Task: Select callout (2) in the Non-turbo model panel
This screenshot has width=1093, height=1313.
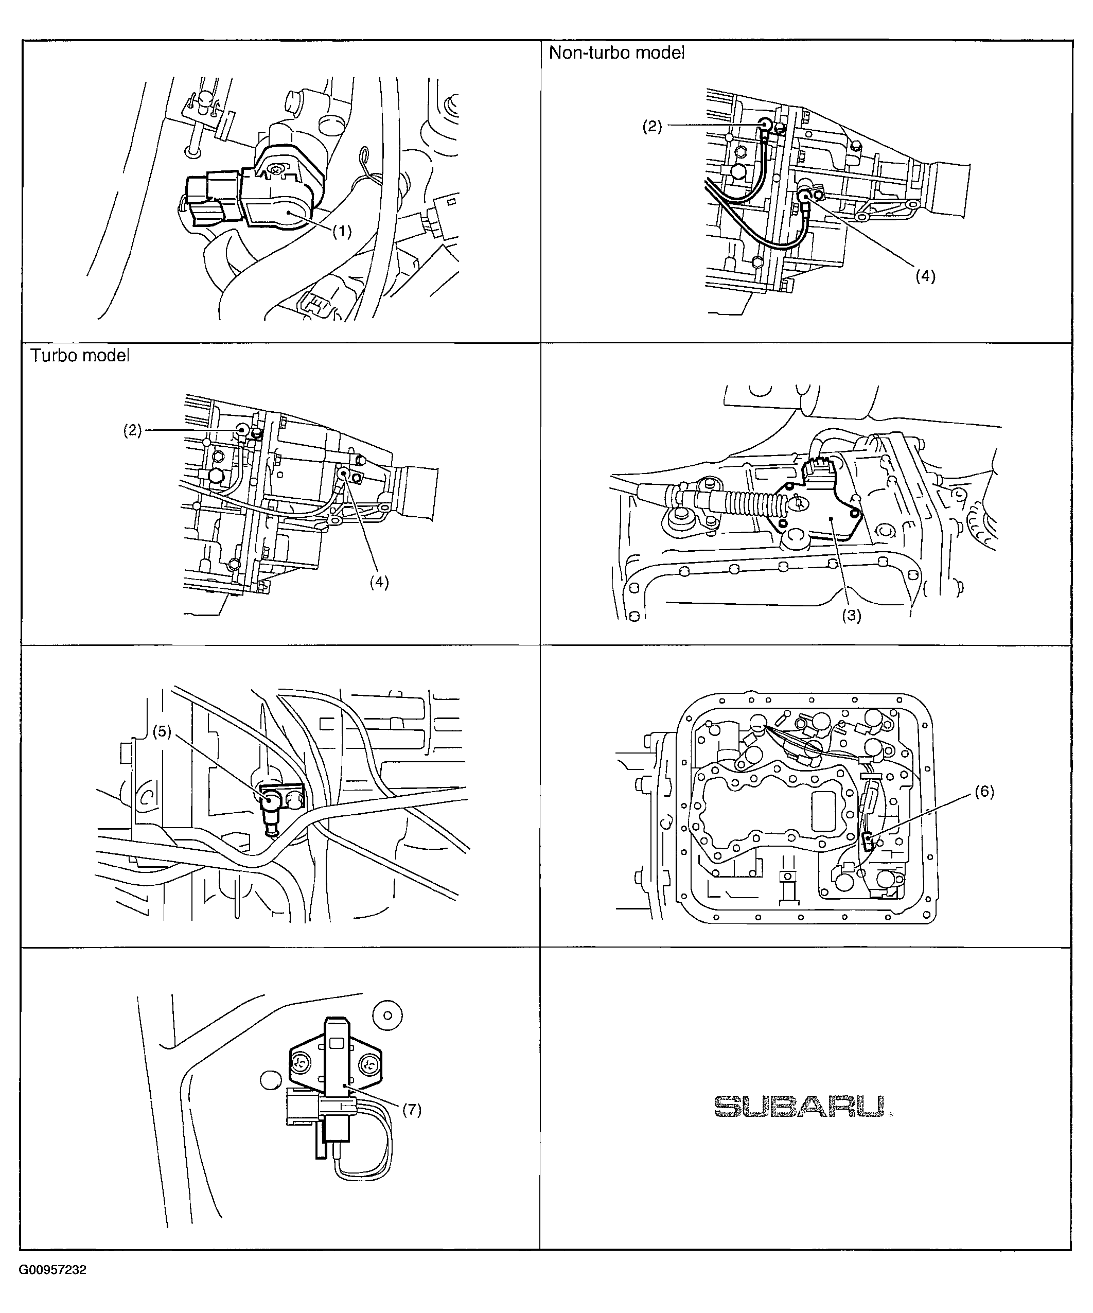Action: click(652, 126)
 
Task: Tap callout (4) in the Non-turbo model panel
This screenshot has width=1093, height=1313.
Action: click(925, 276)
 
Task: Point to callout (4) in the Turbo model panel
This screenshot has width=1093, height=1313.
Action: click(379, 582)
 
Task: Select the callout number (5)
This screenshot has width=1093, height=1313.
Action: click(162, 731)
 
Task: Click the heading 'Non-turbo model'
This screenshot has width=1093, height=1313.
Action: click(616, 53)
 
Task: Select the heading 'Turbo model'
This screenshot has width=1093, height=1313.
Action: click(80, 355)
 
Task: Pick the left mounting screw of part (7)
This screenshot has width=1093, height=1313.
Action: click(302, 1061)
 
